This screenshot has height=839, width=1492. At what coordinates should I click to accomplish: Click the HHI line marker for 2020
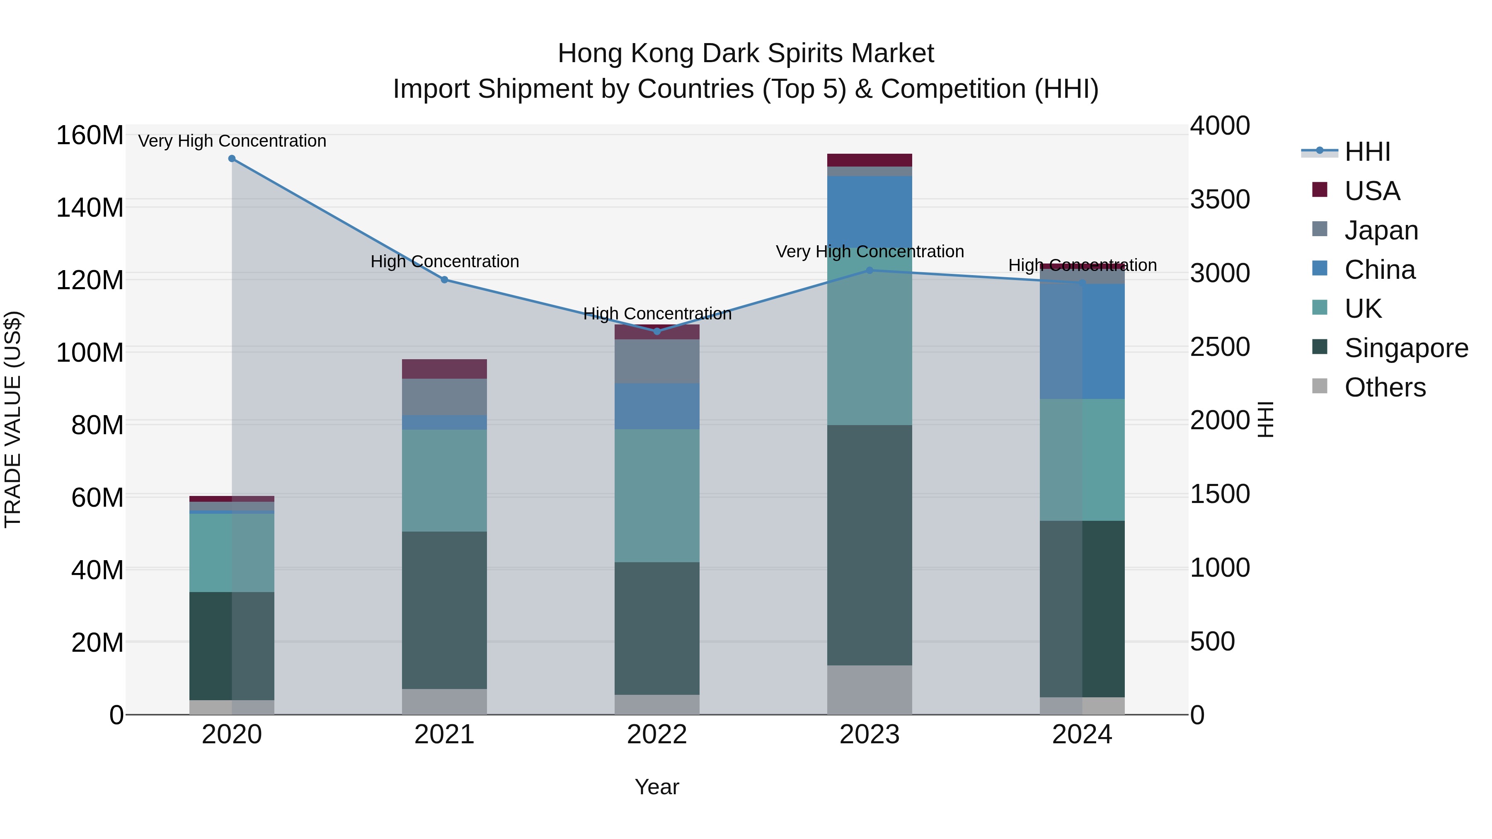click(232, 159)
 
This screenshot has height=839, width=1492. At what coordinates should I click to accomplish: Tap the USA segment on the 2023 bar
click(870, 160)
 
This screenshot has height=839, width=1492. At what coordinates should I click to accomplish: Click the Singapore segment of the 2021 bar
click(444, 610)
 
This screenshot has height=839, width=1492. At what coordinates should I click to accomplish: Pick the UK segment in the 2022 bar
click(657, 496)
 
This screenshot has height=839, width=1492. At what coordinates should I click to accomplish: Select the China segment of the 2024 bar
click(1082, 342)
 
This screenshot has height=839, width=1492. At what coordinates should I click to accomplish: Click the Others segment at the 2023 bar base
click(870, 690)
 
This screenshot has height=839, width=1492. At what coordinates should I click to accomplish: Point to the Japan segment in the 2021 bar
click(444, 397)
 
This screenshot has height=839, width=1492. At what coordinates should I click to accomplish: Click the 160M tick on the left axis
click(90, 135)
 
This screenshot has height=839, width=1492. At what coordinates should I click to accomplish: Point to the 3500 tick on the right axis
click(1220, 199)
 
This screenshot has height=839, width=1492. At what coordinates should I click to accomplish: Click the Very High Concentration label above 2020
click(232, 141)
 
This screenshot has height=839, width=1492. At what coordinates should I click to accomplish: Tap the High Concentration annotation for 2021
click(444, 262)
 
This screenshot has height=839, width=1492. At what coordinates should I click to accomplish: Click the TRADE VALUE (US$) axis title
click(13, 419)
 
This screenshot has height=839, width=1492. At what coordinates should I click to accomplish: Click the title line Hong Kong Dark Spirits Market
click(746, 53)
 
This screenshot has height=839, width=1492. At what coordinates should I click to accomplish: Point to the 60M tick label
click(97, 497)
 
